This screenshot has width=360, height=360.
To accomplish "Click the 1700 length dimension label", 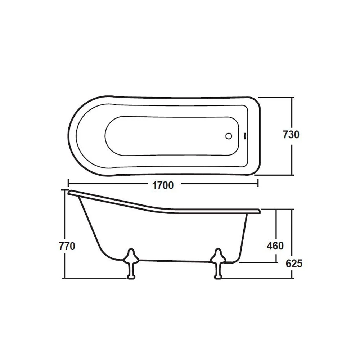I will click(x=163, y=185).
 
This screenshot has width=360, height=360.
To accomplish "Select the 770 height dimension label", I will click(x=67, y=247).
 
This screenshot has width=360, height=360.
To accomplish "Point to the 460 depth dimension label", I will click(x=275, y=246).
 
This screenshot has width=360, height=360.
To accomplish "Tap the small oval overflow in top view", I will click(x=245, y=136).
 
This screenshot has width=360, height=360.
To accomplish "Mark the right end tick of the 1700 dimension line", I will click(x=258, y=183).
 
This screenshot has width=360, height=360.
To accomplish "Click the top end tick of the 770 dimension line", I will click(x=64, y=190).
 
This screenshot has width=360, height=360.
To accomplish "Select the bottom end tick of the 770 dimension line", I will click(x=64, y=278).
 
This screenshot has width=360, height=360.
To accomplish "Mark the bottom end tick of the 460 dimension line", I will click(x=276, y=262).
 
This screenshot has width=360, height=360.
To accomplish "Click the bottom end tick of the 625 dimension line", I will click(x=292, y=278).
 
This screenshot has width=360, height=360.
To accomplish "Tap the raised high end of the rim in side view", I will click(x=72, y=192).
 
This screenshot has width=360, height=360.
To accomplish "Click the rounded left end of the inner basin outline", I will click(x=105, y=136).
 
